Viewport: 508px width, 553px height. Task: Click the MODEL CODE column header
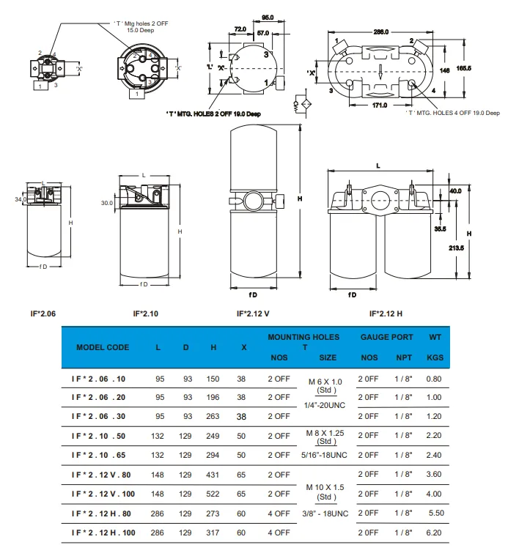[103, 346]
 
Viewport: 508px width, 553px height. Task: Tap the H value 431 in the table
[213, 474]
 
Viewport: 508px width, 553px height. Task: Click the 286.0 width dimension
[380, 32]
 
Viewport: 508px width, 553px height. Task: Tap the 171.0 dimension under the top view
[380, 105]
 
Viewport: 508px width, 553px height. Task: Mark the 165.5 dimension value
[463, 68]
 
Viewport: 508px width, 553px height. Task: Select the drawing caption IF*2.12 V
[253, 313]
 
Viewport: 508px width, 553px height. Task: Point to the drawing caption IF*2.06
[42, 313]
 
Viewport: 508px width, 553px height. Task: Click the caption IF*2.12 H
[385, 313]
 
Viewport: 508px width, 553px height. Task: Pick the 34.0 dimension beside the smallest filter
[19, 198]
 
